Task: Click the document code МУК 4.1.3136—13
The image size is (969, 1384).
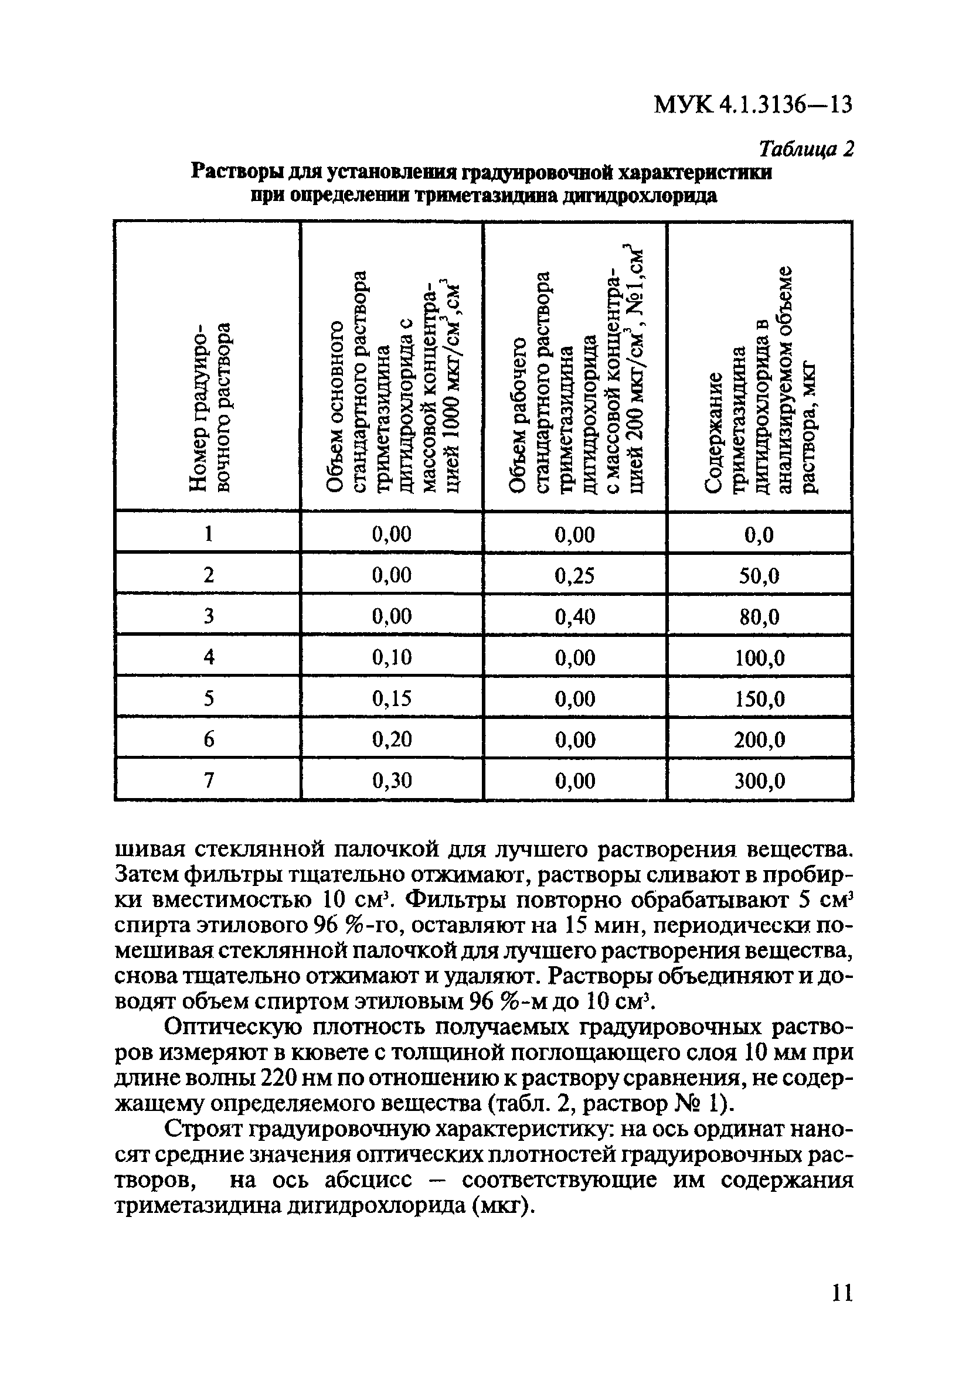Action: click(753, 105)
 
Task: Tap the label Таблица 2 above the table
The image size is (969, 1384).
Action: click(806, 148)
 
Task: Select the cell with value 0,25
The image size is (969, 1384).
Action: click(574, 575)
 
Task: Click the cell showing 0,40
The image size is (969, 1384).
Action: click(574, 616)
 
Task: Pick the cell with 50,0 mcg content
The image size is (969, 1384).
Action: click(759, 576)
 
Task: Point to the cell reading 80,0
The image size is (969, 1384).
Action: click(759, 616)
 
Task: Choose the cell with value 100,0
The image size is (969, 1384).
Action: click(759, 657)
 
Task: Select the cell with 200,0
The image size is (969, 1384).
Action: click(759, 739)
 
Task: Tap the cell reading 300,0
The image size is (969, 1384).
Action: click(759, 781)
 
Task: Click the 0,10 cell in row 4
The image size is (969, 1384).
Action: click(392, 657)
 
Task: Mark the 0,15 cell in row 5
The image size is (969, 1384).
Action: click(392, 698)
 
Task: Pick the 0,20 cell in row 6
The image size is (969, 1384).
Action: click(392, 739)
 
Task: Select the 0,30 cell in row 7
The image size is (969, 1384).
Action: click(392, 780)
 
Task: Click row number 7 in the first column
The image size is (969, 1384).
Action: click(209, 780)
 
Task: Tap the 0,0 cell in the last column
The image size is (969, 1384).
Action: click(759, 534)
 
